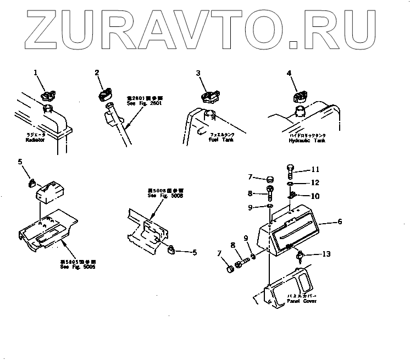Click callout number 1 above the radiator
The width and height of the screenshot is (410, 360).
coord(36,73)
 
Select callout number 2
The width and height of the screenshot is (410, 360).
coord(97,73)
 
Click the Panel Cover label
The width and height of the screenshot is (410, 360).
coord(302,301)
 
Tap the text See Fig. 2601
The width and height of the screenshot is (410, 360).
coord(152,103)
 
